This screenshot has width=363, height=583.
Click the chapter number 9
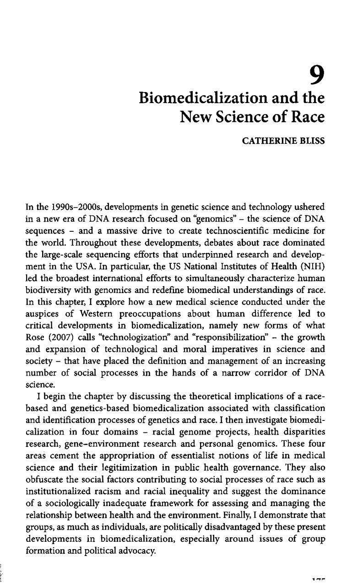(x=316, y=75)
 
